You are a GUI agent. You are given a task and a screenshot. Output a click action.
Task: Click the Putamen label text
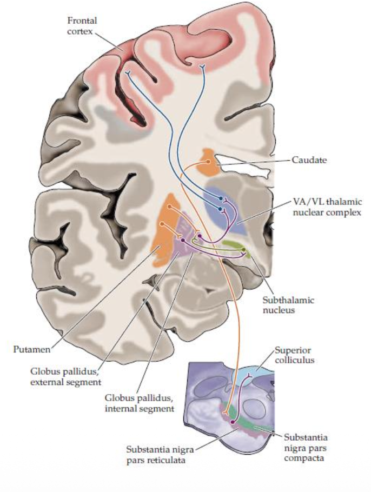tap(31, 349)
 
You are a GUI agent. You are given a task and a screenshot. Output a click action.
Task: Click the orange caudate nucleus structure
tap(209, 161)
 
